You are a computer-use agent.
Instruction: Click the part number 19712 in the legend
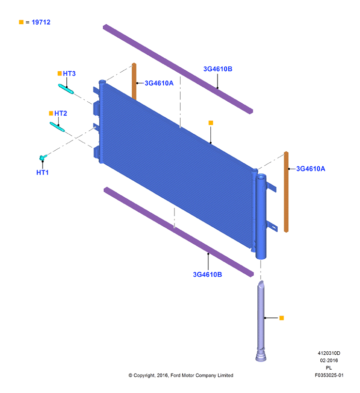[x=41, y=22]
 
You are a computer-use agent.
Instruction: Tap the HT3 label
[x=69, y=74]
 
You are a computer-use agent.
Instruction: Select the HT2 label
[x=61, y=113]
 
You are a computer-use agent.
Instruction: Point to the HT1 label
[x=42, y=173]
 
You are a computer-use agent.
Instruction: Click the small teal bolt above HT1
[x=43, y=157]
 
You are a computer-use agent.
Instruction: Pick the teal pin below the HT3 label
[x=66, y=89]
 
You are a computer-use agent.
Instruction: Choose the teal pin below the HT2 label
[x=57, y=127]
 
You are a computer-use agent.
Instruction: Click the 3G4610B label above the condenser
[x=218, y=69]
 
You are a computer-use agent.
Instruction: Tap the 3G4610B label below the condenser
[x=207, y=274]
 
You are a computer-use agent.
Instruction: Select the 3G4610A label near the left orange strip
[x=159, y=83]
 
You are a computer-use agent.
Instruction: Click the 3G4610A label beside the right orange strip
[x=311, y=169]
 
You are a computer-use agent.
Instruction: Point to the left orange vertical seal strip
[x=134, y=81]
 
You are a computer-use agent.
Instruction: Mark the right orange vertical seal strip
[x=286, y=192]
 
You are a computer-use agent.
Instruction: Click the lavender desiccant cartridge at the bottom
[x=261, y=321]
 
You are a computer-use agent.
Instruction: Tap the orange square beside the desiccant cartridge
[x=282, y=318]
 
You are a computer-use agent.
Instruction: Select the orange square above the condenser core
[x=211, y=123]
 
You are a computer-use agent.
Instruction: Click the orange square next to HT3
[x=60, y=73]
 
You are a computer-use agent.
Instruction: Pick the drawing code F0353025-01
[x=329, y=375]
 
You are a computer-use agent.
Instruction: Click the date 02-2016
[x=329, y=361]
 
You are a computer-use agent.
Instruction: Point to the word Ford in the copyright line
[x=175, y=375]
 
